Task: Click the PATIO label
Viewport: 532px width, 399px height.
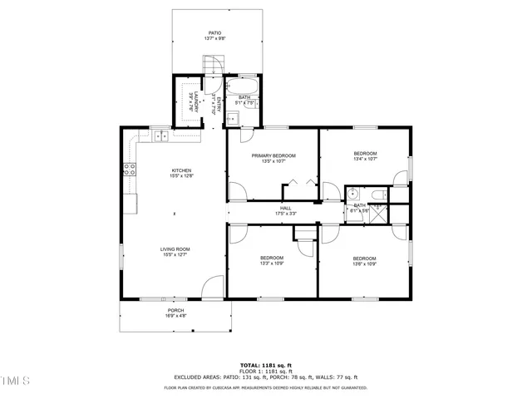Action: pyautogui.click(x=214, y=33)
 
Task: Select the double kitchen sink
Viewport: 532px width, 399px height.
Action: pyautogui.click(x=160, y=134)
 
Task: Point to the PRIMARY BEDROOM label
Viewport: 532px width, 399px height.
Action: pyautogui.click(x=273, y=155)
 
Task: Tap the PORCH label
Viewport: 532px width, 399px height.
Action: pyautogui.click(x=175, y=310)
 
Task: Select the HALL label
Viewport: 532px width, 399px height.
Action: pyautogui.click(x=285, y=208)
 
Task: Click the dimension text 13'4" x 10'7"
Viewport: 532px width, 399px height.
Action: pyautogui.click(x=366, y=160)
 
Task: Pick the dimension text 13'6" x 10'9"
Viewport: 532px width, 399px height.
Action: pyautogui.click(x=364, y=263)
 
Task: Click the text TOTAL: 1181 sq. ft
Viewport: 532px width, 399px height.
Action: pyautogui.click(x=265, y=365)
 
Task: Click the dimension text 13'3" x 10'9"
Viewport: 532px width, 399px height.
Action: pyautogui.click(x=272, y=263)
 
